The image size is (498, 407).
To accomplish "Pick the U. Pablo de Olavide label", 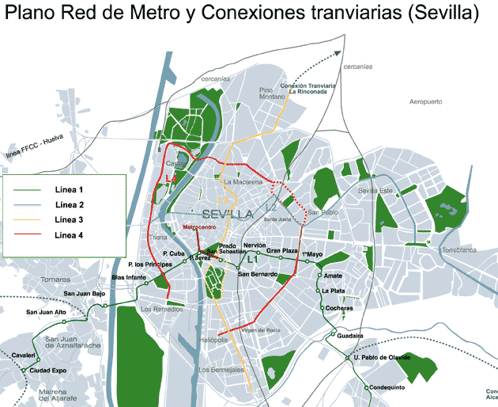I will (x=385, y=358).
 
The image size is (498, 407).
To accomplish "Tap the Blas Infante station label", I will (x=129, y=278).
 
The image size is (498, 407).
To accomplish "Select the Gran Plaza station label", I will (x=282, y=251).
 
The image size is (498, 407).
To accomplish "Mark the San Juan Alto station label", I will (x=44, y=311).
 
